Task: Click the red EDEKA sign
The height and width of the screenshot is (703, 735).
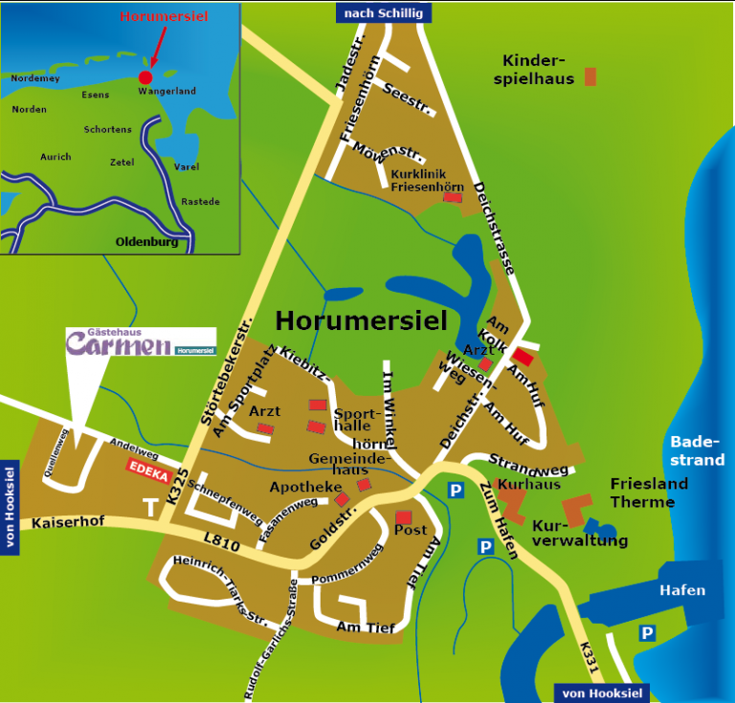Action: [147, 469]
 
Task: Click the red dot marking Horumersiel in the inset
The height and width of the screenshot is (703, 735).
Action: [145, 77]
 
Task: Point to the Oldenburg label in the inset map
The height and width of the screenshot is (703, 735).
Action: [146, 242]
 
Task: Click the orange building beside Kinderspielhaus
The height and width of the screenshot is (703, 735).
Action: [590, 77]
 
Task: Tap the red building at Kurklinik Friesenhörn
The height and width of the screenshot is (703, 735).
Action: [453, 198]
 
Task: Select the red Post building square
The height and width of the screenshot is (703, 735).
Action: [404, 517]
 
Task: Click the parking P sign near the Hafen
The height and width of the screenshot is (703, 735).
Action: [647, 633]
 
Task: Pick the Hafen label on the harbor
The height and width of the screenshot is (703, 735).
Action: [682, 590]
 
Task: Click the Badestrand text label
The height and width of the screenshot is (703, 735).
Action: [697, 450]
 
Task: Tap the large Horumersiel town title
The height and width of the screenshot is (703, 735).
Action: [361, 320]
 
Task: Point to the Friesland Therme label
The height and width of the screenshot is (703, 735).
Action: [649, 493]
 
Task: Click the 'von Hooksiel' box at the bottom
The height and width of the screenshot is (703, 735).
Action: [601, 693]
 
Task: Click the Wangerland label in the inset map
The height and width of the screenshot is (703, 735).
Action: [167, 91]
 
